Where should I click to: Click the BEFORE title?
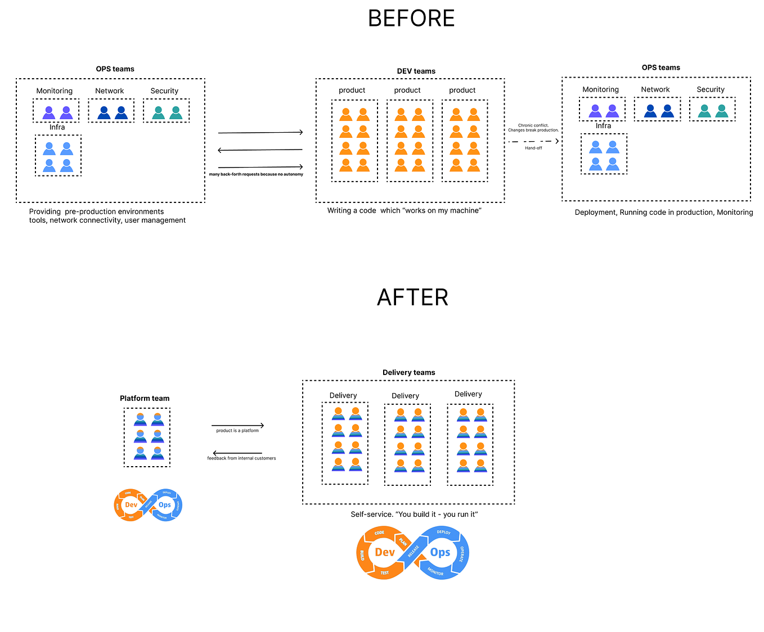point(411,19)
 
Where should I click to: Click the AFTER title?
point(412,297)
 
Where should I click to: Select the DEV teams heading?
point(416,71)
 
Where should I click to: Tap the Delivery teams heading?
point(409,372)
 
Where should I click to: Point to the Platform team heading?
point(145,398)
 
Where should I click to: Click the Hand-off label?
point(533,148)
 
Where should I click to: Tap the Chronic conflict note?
point(533,128)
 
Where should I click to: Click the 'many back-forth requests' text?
point(256,174)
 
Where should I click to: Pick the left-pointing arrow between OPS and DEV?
point(260,150)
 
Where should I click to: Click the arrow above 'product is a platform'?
point(237,426)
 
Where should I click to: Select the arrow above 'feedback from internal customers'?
point(237,453)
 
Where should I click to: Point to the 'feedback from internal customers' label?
point(241,458)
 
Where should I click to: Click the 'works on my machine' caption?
point(404,210)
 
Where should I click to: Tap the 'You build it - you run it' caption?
point(414,514)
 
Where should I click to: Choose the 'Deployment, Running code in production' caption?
point(664,212)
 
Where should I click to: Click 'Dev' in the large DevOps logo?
point(385,552)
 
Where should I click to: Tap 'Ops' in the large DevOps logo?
point(440,552)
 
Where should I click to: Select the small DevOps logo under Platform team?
point(148,505)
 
